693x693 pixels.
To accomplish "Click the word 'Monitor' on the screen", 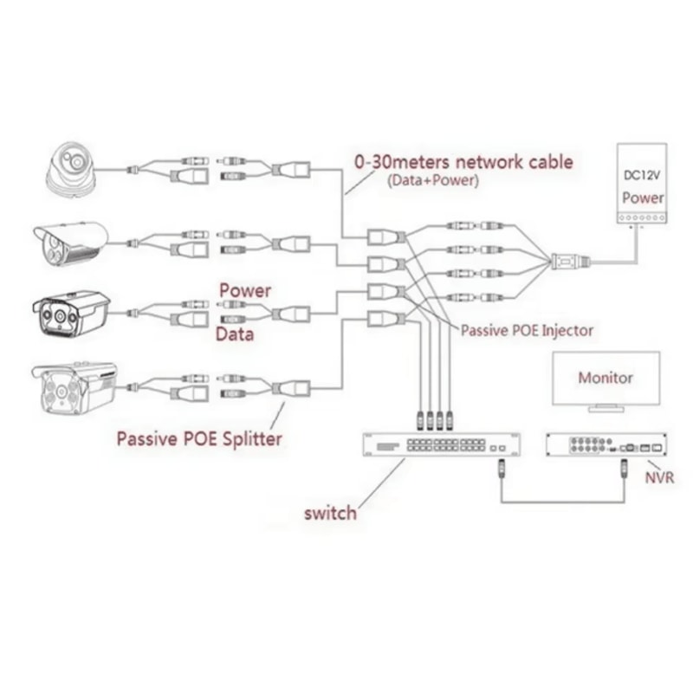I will click(606, 378).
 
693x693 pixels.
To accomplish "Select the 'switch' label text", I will click(329, 513).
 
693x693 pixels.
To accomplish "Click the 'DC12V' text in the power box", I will click(642, 176).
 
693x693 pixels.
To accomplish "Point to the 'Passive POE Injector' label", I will click(527, 330).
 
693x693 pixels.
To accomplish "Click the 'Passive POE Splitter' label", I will click(199, 438).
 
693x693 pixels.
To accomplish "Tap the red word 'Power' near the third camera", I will click(244, 290).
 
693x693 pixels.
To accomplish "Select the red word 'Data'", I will click(234, 334).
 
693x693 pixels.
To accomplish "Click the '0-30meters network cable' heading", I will click(463, 161).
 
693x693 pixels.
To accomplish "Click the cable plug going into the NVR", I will click(623, 472).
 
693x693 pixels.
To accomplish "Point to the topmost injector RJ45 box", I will click(382, 236).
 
